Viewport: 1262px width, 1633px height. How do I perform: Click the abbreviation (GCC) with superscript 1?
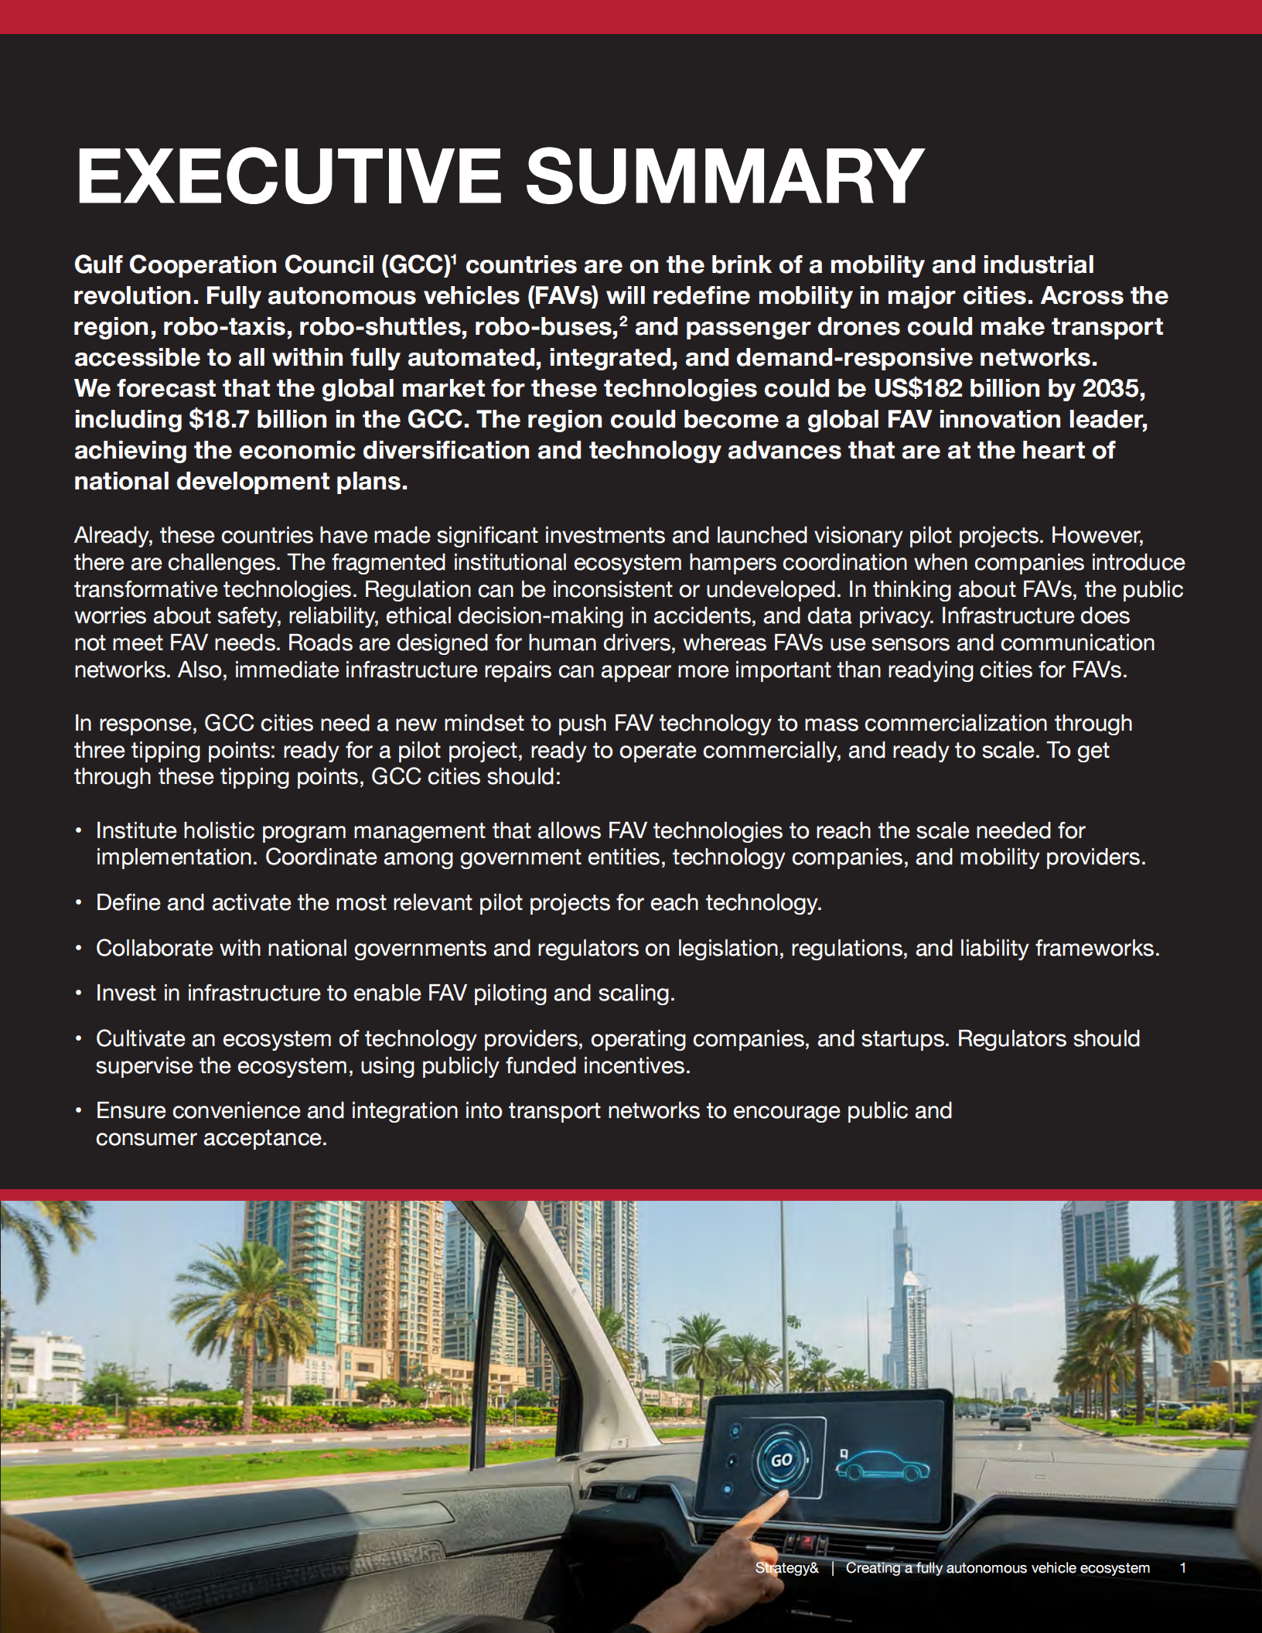tap(415, 265)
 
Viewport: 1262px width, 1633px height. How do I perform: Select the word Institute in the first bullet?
tap(137, 830)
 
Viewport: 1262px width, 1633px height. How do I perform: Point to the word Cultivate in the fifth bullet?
tap(140, 1038)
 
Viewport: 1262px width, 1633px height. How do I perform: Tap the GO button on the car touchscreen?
tap(781, 1460)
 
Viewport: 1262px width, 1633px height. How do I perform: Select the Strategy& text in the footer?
tap(786, 1568)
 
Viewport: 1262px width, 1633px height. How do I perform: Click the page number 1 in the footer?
tap(1182, 1568)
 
